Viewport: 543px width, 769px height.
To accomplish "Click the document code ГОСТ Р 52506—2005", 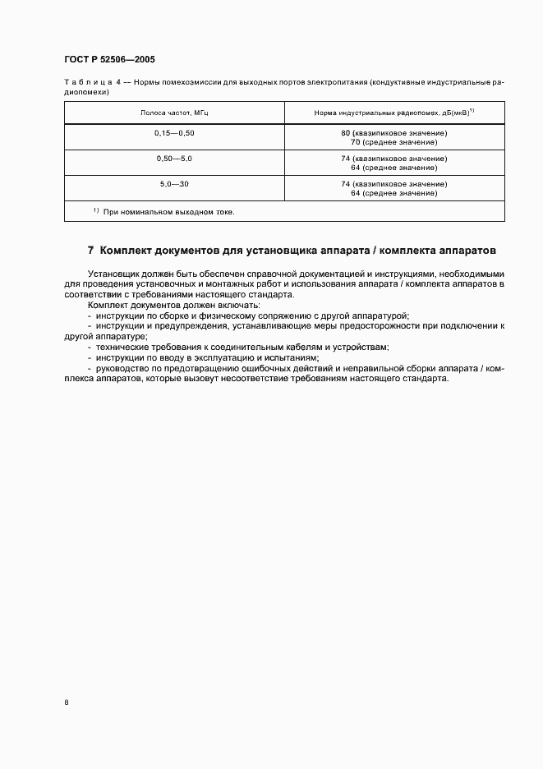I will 109,60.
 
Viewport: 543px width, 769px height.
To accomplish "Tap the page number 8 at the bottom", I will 67,702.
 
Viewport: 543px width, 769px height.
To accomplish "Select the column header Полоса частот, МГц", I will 174,113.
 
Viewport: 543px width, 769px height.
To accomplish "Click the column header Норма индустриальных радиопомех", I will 394,113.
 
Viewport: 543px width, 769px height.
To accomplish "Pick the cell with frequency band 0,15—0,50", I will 174,133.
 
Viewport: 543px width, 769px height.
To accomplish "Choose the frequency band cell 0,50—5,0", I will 174,158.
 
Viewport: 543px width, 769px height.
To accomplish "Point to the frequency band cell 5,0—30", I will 174,183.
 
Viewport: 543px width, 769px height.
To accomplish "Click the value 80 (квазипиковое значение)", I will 394,133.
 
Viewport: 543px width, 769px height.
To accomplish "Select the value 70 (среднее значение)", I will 394,142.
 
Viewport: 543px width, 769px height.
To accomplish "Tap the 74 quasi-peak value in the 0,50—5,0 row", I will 394,158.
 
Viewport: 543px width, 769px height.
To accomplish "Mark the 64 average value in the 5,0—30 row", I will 394,193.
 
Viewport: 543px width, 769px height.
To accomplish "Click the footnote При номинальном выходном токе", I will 168,212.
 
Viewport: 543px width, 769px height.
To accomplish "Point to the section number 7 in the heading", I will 90,250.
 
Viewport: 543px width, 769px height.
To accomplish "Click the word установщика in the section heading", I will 275,250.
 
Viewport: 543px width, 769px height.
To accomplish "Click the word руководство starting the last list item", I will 123,369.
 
